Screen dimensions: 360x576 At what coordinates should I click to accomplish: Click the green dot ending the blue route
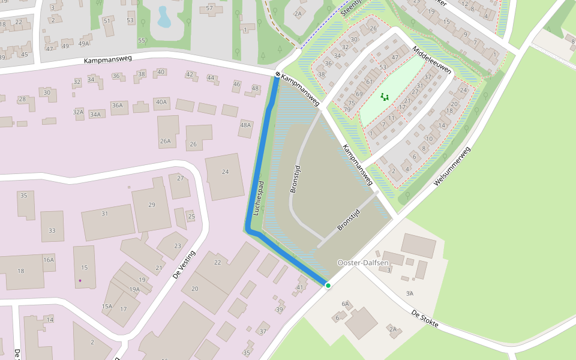[x=328, y=286]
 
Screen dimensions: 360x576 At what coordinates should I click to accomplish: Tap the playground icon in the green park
[x=384, y=96]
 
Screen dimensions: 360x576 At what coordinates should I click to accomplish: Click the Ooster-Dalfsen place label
[x=363, y=263]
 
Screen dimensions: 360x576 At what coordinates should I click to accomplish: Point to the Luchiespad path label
[x=257, y=197]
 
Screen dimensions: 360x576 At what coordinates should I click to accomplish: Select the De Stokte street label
[x=425, y=319]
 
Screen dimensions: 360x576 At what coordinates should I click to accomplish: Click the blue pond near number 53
[x=164, y=17]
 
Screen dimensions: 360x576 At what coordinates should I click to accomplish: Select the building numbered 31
[x=105, y=214]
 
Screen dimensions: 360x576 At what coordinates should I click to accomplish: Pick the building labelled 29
[x=151, y=205]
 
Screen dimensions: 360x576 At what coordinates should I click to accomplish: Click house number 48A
[x=245, y=125]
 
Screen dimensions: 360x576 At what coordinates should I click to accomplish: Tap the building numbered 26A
[x=165, y=142]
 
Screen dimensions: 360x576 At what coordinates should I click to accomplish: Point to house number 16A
[x=49, y=260]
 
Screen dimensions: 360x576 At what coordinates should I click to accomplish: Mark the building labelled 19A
[x=134, y=289]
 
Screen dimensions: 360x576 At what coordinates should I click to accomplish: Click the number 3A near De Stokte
[x=410, y=293]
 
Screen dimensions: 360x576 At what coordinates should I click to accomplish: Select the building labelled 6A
[x=345, y=304]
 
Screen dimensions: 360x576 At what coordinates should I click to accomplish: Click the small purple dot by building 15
[x=80, y=280]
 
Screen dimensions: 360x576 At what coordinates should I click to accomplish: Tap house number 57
[x=209, y=8]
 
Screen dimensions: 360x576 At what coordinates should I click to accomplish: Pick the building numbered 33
[x=52, y=231]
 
